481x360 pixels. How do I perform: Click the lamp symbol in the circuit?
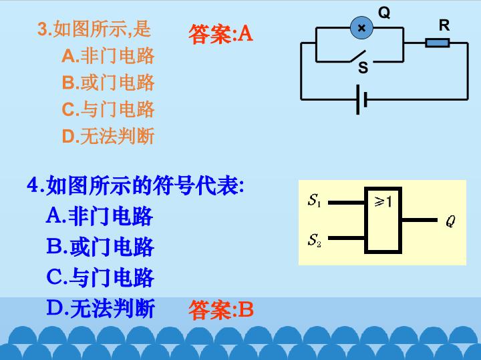point(361,28)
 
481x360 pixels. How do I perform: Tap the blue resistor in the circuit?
point(438,43)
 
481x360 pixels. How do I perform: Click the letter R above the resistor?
point(444,25)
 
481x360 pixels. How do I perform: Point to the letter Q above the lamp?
point(384,13)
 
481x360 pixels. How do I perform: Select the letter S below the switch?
point(363,67)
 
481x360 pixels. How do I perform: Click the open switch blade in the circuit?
point(358,56)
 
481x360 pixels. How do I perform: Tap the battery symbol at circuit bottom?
point(361,100)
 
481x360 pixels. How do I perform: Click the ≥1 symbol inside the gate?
point(383,202)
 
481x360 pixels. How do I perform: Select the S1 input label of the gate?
point(315,201)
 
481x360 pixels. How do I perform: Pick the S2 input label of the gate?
point(315,240)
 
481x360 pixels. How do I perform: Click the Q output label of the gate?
point(450,221)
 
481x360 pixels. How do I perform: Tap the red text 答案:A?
point(220,34)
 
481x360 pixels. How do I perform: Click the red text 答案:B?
point(221,309)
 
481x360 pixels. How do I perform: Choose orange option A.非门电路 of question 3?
point(108,56)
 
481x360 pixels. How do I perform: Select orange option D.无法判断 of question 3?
point(108,136)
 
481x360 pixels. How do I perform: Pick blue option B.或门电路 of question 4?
point(100,247)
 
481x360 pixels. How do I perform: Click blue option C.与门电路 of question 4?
point(100,277)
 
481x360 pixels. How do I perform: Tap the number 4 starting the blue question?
point(33,185)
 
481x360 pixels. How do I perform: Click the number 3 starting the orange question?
point(42,29)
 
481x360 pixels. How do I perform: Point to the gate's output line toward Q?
point(420,220)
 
